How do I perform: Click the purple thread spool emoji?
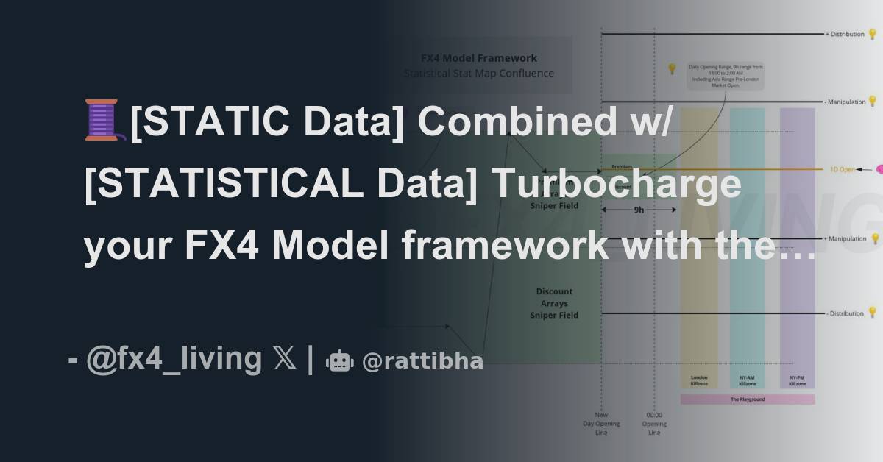102,121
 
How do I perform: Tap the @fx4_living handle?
174,359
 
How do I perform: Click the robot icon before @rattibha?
339,360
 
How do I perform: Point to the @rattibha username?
422,361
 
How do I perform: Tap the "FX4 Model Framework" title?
478,58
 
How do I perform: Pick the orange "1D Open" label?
843,169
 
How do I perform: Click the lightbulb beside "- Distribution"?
873,313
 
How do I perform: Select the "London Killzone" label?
699,380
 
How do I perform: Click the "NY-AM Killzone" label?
747,380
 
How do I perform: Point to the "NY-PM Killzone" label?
797,380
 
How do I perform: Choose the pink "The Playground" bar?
747,399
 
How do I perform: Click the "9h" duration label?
639,210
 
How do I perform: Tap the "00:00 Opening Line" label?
654,424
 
